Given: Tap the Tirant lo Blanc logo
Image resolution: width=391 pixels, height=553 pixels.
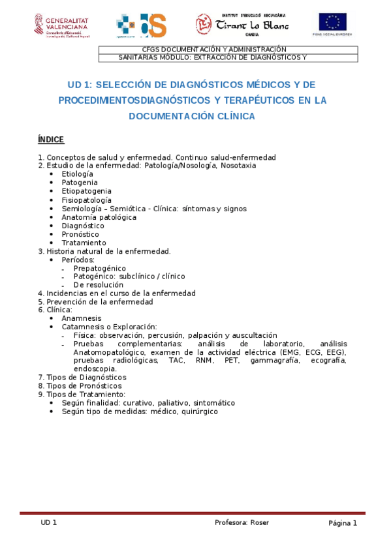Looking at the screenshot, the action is tap(242, 24).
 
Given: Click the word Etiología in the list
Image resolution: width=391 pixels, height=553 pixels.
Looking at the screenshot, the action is tap(77, 174).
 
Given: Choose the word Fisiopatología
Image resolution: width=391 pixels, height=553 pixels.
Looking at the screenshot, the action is tap(86, 200).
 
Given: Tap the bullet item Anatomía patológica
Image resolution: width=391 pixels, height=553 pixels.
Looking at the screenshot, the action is tap(99, 217).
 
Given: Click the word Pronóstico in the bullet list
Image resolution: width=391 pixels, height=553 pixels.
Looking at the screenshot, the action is tap(80, 234).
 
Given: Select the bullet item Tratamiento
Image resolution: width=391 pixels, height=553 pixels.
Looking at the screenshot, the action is tap(84, 243).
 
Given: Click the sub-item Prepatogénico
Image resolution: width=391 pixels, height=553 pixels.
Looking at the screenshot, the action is tap(99, 268).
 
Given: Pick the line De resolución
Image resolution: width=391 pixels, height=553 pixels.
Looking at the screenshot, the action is tap(98, 285).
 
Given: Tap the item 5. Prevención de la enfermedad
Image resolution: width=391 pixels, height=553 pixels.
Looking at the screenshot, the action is tap(95, 302).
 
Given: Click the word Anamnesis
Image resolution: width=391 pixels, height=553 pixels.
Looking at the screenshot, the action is tap(82, 318).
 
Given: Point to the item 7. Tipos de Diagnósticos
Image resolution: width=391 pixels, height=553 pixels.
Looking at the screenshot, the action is tap(82, 377).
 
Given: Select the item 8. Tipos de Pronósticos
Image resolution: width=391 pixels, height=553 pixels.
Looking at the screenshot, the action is tap(81, 385).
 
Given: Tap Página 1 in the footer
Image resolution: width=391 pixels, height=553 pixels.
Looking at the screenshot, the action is tap(343, 523).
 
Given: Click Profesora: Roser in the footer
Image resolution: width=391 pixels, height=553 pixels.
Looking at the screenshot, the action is tap(242, 523).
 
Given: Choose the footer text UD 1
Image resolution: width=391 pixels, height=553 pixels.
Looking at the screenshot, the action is tap(49, 523).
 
